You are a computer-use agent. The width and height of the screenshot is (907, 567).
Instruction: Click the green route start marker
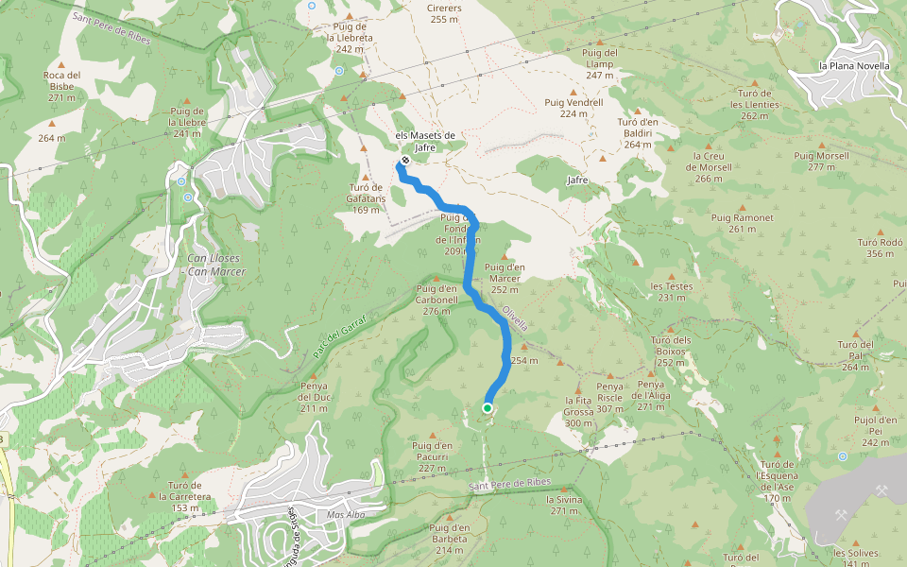487,408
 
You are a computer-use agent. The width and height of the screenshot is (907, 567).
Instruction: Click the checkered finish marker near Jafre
405,160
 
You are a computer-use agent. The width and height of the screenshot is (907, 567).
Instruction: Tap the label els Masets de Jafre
425,141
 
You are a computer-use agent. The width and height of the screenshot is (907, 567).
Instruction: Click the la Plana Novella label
854,66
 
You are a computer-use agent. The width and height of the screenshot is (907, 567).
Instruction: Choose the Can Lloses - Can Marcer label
216,266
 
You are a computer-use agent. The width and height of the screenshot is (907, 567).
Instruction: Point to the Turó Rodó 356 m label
880,248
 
